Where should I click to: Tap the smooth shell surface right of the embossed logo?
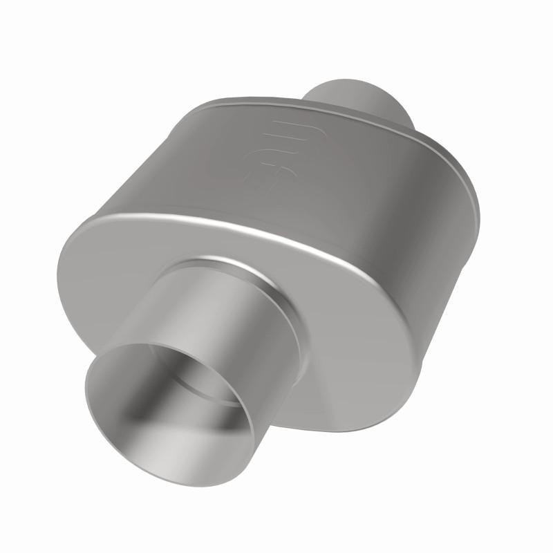(346, 180)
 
